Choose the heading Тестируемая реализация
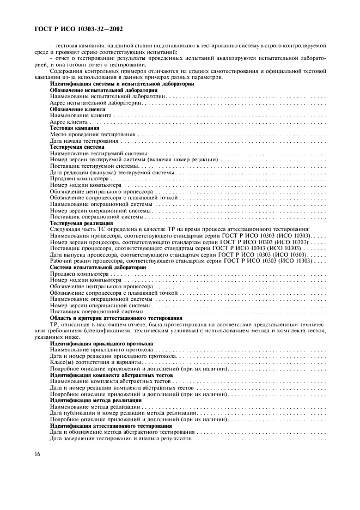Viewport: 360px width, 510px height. coord(81,223)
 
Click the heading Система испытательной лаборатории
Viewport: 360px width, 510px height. coord(97,267)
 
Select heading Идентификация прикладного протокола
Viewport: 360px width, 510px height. coord(101,343)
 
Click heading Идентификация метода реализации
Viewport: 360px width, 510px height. coord(95,400)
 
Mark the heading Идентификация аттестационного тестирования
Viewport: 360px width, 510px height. coord(111,426)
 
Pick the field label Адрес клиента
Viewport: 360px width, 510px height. coord(69,122)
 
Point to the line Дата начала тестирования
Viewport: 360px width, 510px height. coord(84,141)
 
